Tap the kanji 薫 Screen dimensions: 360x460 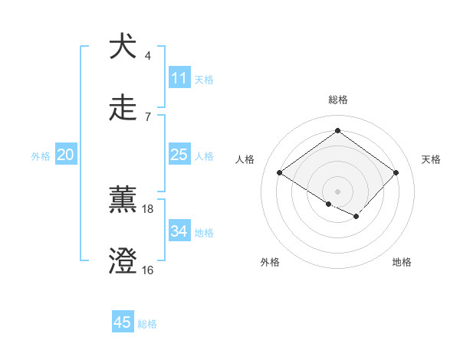(123, 199)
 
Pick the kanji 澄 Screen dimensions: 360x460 (123, 260)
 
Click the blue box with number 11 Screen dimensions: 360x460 (179, 78)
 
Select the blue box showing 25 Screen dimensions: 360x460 (179, 155)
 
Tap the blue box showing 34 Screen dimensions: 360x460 (179, 231)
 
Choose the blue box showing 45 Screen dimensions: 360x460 (123, 322)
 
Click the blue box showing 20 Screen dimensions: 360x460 (66, 155)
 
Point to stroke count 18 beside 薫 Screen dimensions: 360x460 (148, 208)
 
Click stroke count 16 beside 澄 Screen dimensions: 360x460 (148, 270)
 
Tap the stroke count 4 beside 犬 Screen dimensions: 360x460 (148, 55)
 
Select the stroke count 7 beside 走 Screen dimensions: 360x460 (148, 116)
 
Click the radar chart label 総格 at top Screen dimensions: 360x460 (337, 100)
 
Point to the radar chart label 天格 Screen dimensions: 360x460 (431, 159)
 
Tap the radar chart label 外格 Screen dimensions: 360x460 (270, 262)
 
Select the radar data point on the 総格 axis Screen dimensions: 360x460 (337, 131)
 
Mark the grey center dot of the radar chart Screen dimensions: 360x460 (337, 191)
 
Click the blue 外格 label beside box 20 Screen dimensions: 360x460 (41, 155)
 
